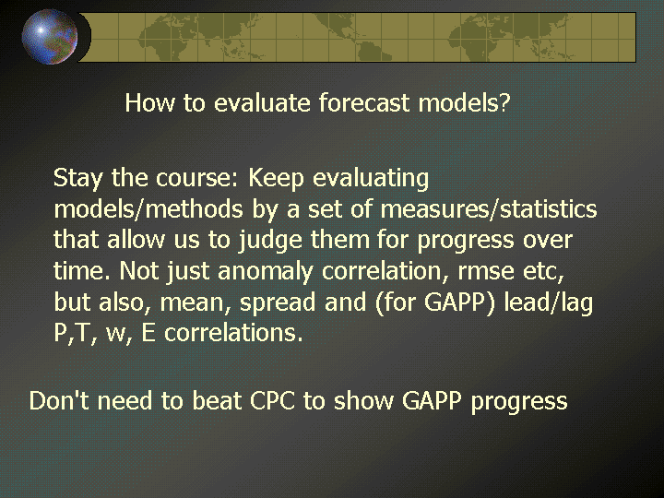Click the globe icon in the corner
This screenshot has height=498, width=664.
coord(50,37)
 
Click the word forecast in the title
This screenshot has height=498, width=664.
coord(364,102)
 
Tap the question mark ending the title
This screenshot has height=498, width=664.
coord(504,102)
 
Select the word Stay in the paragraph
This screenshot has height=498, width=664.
coord(78,178)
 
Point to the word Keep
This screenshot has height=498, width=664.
coord(276,178)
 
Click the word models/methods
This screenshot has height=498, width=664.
coord(148,208)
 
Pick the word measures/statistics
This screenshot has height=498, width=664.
coord(489,208)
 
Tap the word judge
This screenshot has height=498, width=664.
coord(270,241)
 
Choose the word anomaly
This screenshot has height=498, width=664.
coord(266,271)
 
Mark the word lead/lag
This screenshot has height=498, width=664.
coord(549,302)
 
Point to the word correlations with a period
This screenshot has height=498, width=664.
coord(233,333)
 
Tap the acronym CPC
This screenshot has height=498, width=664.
coord(272,400)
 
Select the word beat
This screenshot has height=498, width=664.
coord(217,400)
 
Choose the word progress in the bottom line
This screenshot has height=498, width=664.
coord(519,401)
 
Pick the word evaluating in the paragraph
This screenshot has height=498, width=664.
coord(371,178)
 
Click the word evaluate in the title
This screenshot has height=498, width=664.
coord(262,102)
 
